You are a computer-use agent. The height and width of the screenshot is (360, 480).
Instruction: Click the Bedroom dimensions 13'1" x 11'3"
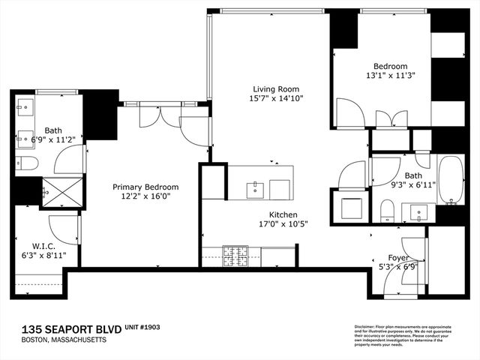(389, 76)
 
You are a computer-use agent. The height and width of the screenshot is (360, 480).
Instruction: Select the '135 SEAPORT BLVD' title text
(61, 328)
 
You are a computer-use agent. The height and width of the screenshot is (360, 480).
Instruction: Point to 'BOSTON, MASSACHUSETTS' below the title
(64, 340)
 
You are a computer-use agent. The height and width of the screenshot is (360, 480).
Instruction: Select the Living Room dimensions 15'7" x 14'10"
(277, 98)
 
